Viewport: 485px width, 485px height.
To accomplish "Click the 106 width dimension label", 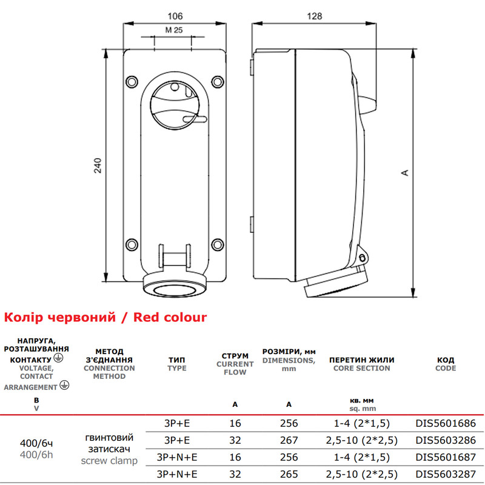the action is click(175, 16).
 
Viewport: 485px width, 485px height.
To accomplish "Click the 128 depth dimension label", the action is click(314, 16).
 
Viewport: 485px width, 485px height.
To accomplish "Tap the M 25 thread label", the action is click(174, 30).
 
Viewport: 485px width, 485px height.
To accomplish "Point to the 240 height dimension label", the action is click(98, 166).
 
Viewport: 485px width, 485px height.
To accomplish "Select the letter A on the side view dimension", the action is click(404, 173).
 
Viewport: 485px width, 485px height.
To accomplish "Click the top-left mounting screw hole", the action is click(132, 82).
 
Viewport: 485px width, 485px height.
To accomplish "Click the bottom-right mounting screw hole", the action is click(218, 245).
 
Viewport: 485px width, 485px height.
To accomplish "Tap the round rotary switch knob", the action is click(175, 105).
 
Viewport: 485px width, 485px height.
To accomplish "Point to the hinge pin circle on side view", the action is click(362, 257).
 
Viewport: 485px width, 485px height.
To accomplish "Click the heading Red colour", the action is click(170, 317).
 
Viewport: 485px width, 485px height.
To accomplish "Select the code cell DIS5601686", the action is click(446, 423).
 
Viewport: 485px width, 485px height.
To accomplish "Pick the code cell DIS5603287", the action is click(446, 474).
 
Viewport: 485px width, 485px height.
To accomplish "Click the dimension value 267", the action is click(289, 440).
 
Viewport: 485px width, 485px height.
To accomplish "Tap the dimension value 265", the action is click(289, 474).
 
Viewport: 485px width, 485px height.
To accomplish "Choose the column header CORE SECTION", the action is click(361, 368).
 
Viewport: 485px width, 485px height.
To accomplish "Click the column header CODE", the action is click(446, 368).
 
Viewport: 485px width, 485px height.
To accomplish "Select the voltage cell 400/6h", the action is click(36, 455).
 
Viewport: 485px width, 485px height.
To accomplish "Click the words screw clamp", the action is click(109, 461).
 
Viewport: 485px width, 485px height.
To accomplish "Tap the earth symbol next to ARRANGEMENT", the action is click(64, 385).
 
